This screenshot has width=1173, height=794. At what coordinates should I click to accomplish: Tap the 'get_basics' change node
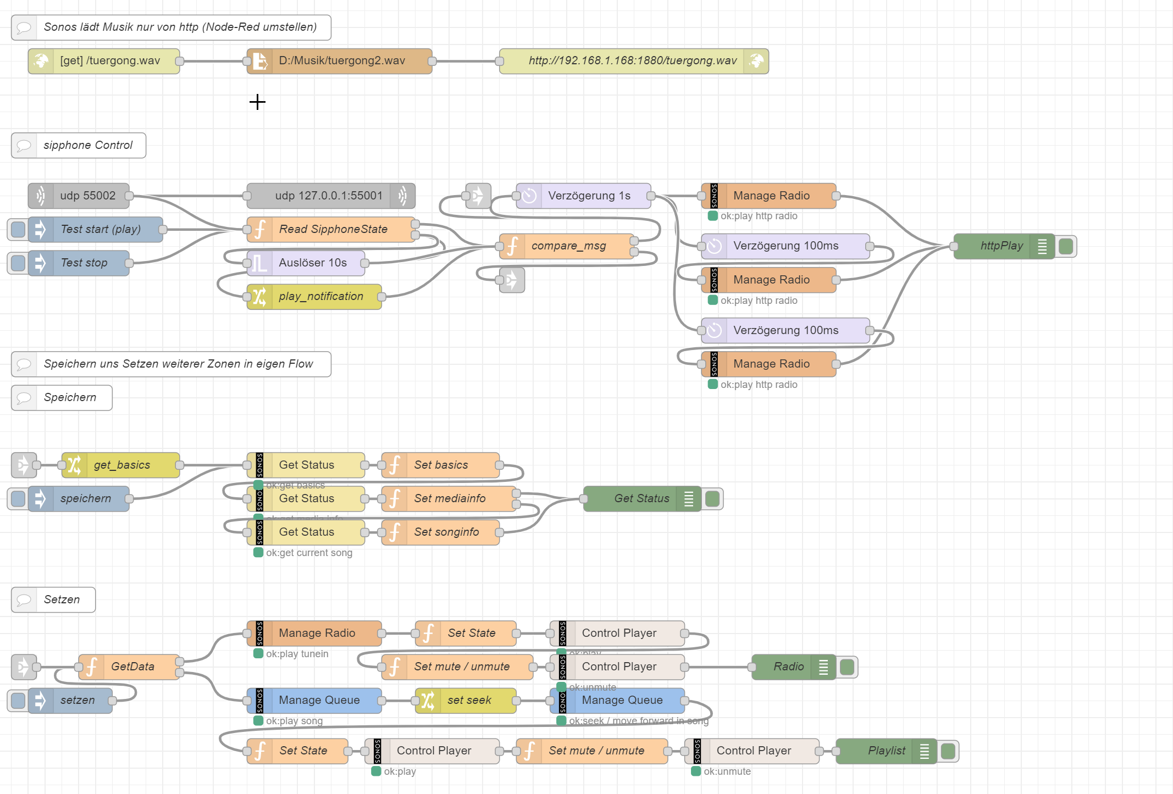coord(121,465)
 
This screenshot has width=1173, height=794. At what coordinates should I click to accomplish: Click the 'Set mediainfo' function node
coord(449,498)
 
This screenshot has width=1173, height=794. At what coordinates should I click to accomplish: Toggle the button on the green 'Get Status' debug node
coord(712,498)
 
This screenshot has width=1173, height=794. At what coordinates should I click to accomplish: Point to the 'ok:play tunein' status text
coord(297,654)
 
